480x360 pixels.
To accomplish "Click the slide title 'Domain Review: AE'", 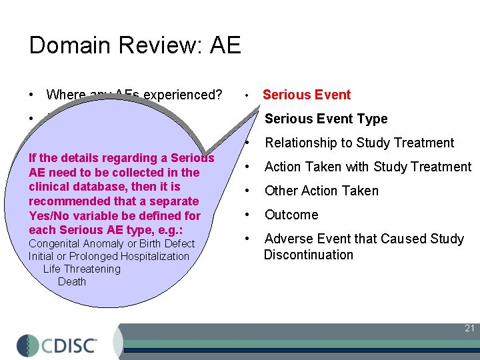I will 135,46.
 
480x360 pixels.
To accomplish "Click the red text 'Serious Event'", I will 306,95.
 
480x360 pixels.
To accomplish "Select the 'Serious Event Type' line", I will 326,119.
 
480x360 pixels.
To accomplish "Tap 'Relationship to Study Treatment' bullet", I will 359,143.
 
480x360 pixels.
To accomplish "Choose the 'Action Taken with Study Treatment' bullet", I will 367,167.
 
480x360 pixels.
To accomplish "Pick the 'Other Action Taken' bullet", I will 321,191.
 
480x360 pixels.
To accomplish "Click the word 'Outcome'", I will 291,215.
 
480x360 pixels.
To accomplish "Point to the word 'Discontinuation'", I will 308,255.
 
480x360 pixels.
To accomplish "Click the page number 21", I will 469,328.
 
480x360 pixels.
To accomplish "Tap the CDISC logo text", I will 71,345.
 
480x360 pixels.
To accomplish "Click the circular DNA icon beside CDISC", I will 28,345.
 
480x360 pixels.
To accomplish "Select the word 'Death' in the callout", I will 72,281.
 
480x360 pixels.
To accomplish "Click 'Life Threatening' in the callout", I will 81,269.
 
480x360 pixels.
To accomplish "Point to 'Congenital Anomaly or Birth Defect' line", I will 111,243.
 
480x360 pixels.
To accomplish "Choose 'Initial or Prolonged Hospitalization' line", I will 109,256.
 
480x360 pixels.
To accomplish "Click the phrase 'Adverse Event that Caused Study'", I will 364,239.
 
